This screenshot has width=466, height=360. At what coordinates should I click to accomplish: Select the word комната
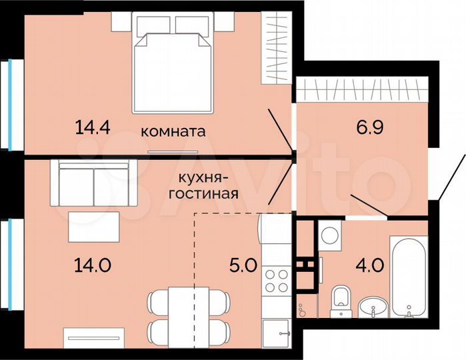tap(173, 131)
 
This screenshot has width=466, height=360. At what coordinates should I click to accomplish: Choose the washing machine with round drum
tap(329, 236)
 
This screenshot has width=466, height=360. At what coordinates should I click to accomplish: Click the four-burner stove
tap(275, 280)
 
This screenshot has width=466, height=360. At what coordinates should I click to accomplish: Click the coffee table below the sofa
tap(94, 225)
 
